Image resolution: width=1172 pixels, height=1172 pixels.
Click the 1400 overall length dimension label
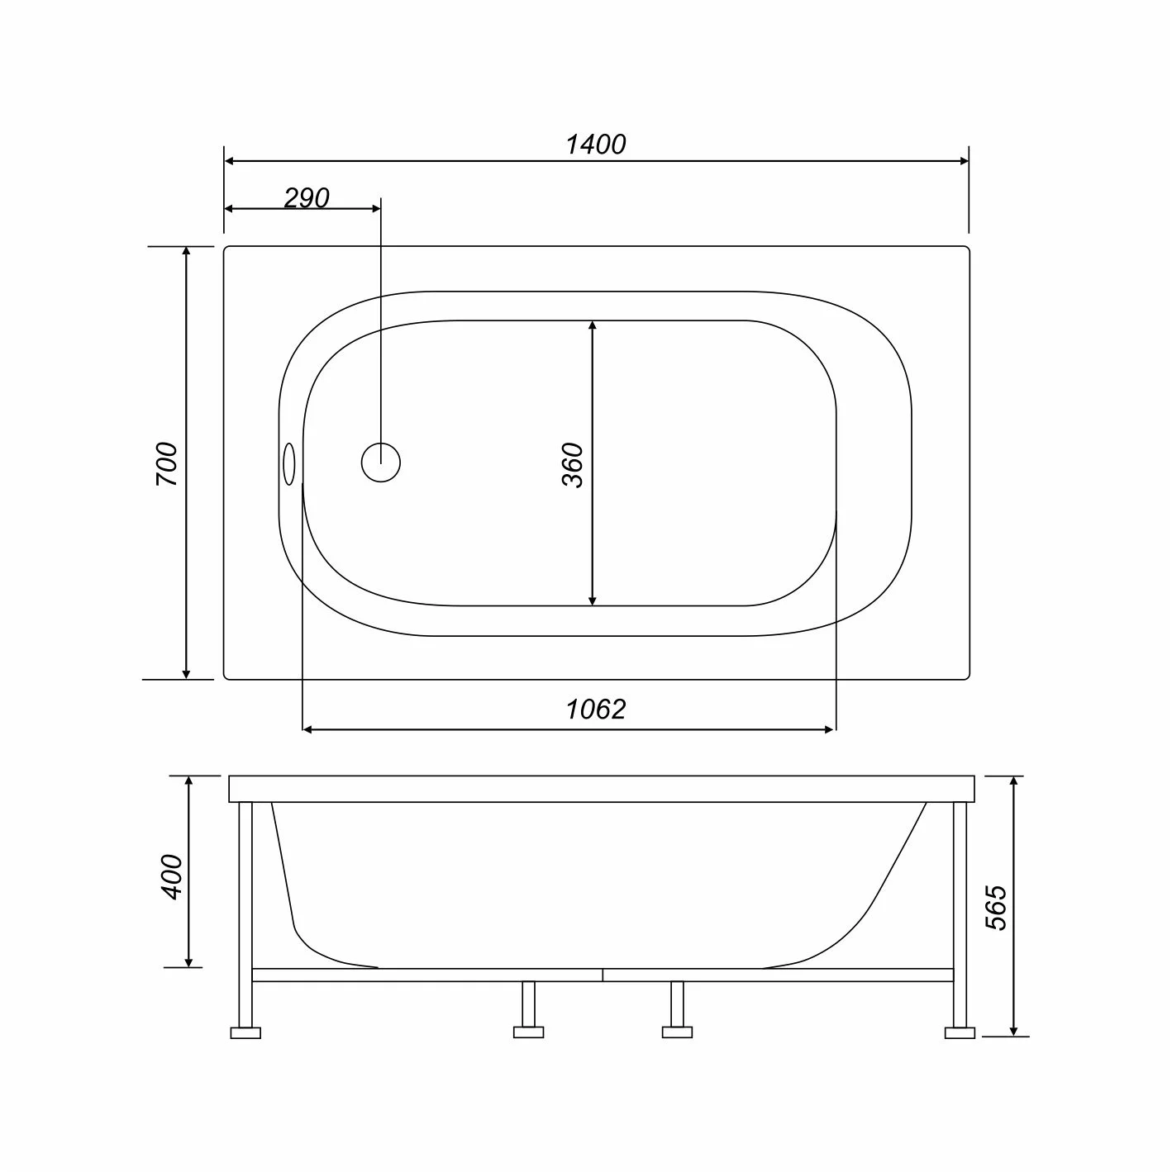pyautogui.click(x=596, y=145)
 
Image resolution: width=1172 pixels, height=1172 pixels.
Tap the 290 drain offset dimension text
pyautogui.click(x=307, y=198)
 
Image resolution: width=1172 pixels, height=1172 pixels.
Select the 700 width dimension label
pyautogui.click(x=167, y=463)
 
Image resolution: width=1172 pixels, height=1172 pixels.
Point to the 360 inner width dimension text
pyautogui.click(x=572, y=465)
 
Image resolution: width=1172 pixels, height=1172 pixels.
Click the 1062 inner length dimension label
pyautogui.click(x=596, y=709)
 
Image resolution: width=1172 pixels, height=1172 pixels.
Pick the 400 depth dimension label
pyautogui.click(x=172, y=877)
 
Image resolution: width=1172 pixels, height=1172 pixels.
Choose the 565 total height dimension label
pyautogui.click(x=997, y=908)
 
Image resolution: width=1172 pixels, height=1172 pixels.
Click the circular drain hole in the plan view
pyautogui.click(x=380, y=463)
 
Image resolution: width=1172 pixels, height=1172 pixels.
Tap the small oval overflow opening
pyautogui.click(x=289, y=464)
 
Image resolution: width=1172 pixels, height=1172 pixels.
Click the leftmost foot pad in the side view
pyautogui.click(x=245, y=1032)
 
